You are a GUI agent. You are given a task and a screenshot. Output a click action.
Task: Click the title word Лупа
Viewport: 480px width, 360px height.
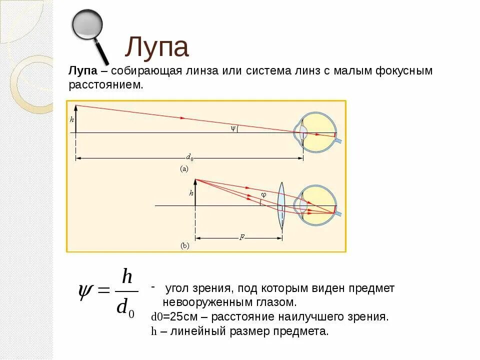coord(156,47)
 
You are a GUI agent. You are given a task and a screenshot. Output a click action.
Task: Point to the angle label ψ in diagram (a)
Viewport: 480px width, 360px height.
coord(232,128)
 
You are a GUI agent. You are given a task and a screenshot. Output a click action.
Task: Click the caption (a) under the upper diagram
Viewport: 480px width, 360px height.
coord(184,169)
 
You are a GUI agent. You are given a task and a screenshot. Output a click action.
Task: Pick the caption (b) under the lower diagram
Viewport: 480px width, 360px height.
coord(184,246)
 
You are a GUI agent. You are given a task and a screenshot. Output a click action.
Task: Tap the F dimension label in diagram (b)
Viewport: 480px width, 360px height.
coord(241,238)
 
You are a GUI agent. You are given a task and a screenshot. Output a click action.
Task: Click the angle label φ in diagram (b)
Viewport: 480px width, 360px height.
coord(264,194)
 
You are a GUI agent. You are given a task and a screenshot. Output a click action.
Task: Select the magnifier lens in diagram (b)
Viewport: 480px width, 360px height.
coord(281,205)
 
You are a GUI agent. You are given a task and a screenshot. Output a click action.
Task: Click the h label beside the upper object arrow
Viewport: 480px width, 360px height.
coord(72,119)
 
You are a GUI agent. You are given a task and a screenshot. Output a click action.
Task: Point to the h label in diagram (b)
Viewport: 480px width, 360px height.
coord(191,192)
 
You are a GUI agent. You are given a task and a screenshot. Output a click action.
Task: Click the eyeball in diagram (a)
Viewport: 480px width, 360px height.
coord(318,132)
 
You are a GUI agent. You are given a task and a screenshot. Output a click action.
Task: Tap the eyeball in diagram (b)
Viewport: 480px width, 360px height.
coord(318,205)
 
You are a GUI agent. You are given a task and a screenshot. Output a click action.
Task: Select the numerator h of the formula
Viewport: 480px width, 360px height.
coord(126,276)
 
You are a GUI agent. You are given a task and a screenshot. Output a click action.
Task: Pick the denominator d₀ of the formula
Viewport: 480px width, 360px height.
coord(125,306)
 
